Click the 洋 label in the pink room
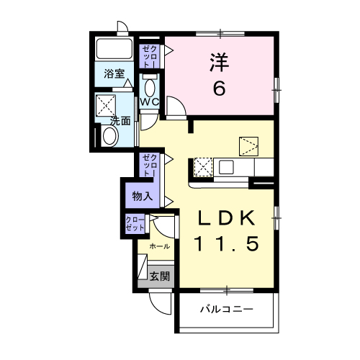click(220, 63)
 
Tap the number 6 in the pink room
click(220, 88)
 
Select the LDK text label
click(226, 217)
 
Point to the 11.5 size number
click(228, 243)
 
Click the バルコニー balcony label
click(227, 309)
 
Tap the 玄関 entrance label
click(160, 276)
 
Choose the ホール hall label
click(160, 246)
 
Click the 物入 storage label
click(143, 197)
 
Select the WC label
click(149, 102)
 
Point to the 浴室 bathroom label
click(114, 74)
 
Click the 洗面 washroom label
click(120, 121)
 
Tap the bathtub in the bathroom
click(114, 49)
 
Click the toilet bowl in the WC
click(150, 88)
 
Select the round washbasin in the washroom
click(110, 136)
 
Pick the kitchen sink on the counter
click(226, 167)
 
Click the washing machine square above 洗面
click(106, 106)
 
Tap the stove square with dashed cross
click(203, 167)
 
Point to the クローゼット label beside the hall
click(135, 223)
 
